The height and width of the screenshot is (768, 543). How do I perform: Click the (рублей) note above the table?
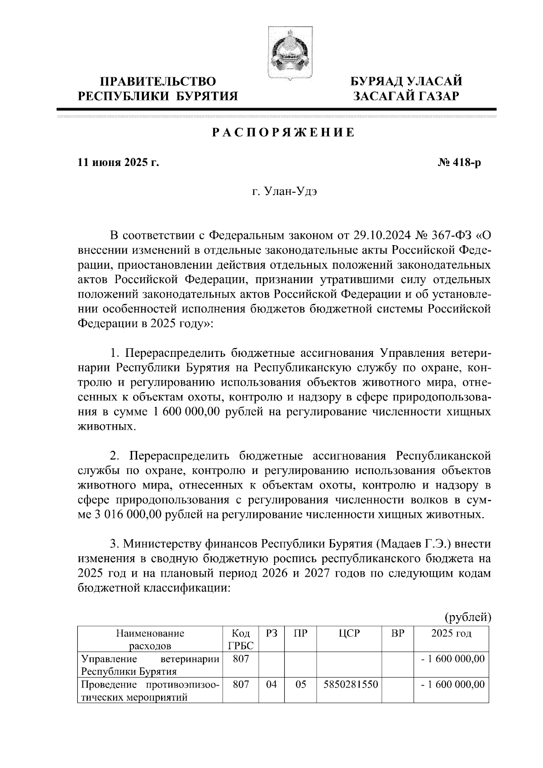click(x=467, y=616)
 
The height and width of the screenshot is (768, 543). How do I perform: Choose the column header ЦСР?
click(x=349, y=634)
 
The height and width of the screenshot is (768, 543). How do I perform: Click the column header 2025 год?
click(x=451, y=634)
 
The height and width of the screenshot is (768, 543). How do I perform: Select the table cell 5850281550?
click(x=351, y=685)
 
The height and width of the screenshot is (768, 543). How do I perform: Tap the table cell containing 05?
click(x=300, y=685)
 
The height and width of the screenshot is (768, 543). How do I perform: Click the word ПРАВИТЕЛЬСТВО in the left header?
click(x=158, y=82)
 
